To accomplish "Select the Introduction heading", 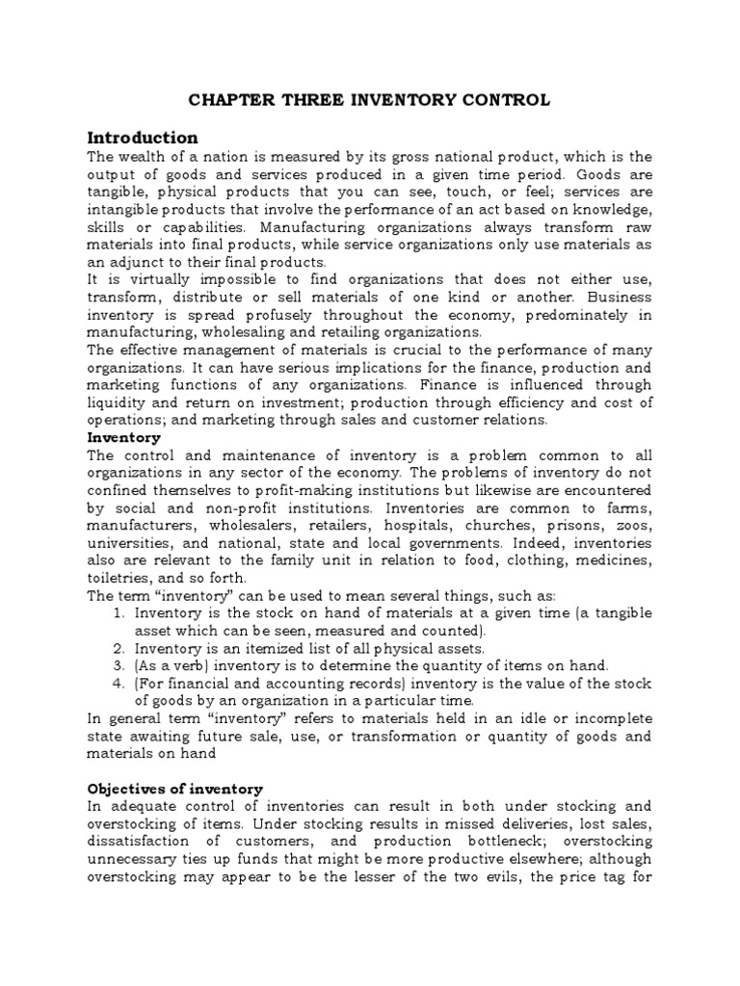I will click(143, 137).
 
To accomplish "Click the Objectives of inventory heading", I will click(174, 789).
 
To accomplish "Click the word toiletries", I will click(122, 578).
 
